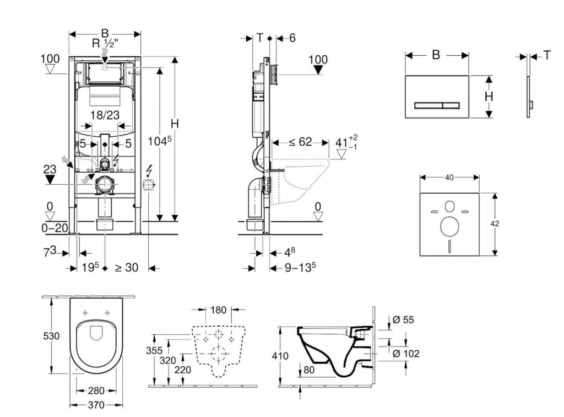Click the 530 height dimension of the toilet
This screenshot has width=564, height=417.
52,336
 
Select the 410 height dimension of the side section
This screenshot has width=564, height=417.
280,356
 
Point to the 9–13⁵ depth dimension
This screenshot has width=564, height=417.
300,267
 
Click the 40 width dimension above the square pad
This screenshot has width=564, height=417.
449,177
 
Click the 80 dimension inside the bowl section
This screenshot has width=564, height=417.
310,371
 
